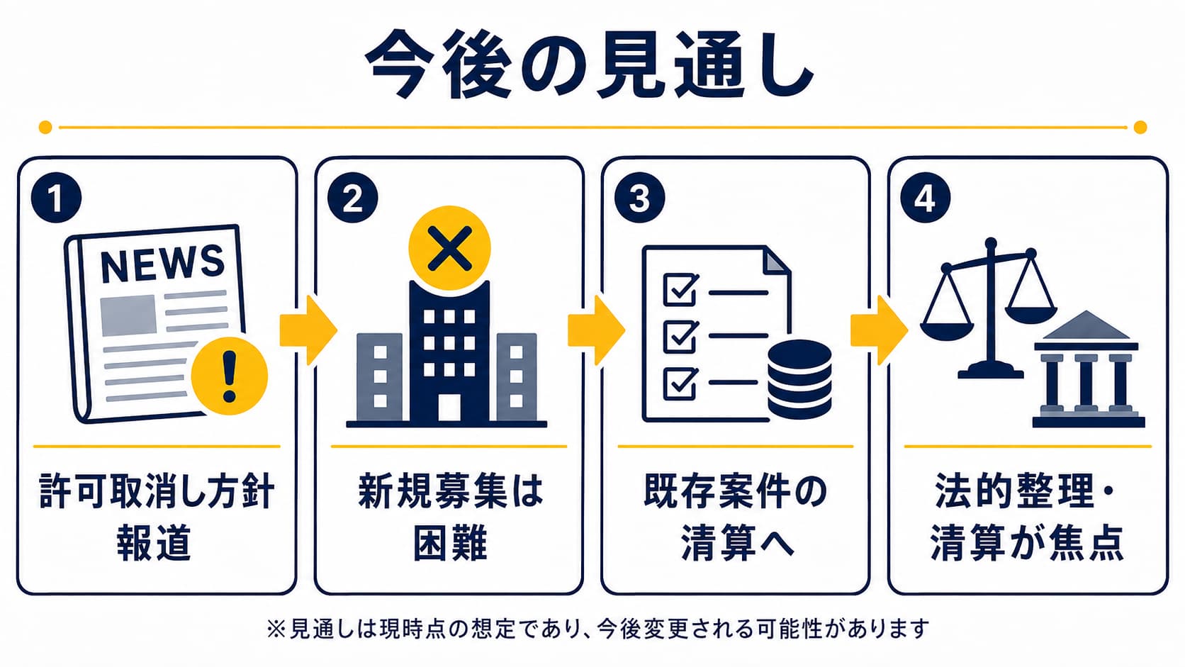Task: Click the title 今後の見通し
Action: (589, 65)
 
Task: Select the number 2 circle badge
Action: (352, 198)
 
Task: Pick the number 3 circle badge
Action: (639, 198)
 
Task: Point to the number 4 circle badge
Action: (926, 198)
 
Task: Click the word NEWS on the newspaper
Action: (162, 263)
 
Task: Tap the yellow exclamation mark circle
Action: (229, 376)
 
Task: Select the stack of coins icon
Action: (799, 379)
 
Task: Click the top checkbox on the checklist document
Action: (680, 288)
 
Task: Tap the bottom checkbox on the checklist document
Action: (680, 383)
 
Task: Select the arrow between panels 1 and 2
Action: (308, 330)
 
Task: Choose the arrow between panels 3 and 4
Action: (879, 330)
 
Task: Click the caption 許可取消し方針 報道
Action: (157, 517)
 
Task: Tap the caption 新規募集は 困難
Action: (449, 517)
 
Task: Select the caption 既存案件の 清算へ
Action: (736, 517)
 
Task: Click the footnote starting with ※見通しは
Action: (597, 629)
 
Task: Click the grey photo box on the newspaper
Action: (128, 315)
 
